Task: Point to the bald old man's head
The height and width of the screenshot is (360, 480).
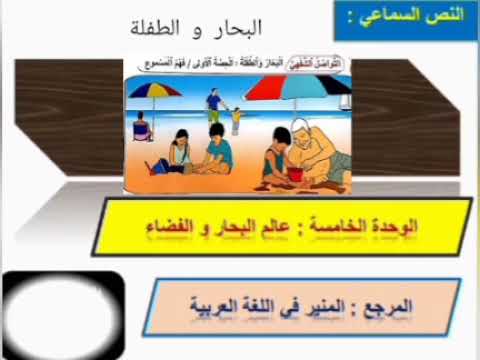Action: pyautogui.click(x=303, y=128)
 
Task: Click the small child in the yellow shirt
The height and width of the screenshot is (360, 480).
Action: pyautogui.click(x=236, y=119)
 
